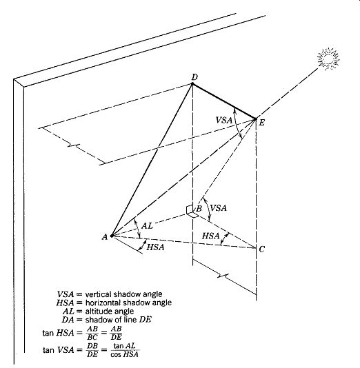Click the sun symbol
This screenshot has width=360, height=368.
coord(328,59)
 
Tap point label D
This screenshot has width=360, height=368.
coord(194,77)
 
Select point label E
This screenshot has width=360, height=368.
coord(261,123)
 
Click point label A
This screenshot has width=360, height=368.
coord(105,237)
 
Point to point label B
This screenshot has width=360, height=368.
coord(199,208)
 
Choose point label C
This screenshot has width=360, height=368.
coord(262,249)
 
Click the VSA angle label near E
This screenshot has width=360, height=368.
coord(224,120)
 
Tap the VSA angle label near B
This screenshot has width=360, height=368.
coord(219,208)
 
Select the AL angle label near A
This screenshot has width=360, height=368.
coord(147,226)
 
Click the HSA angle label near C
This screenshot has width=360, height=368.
coord(210,236)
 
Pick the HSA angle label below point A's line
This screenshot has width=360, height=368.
coord(155,247)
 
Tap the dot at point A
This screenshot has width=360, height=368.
coord(112,236)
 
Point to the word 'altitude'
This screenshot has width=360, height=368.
coord(97,311)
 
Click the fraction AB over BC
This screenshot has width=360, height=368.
coord(92,333)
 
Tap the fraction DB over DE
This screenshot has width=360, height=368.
coord(92,350)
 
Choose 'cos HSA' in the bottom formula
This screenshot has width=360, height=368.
coord(124,354)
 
